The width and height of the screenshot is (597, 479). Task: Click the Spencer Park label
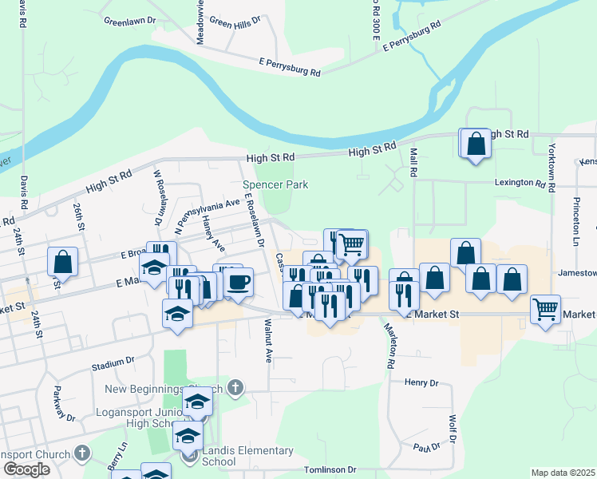point(275,184)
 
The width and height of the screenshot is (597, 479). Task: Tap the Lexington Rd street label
point(524,183)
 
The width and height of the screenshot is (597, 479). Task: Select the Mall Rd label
point(413,160)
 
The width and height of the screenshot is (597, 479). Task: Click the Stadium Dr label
point(112,363)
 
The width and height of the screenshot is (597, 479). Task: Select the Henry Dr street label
point(421,383)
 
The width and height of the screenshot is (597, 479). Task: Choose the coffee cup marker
point(237,281)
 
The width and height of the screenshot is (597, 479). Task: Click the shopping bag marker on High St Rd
point(476,144)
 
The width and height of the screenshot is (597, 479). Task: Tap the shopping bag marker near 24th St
point(62,261)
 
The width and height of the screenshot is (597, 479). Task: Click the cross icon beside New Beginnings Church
point(234,389)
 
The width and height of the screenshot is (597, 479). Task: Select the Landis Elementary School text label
point(247,457)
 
